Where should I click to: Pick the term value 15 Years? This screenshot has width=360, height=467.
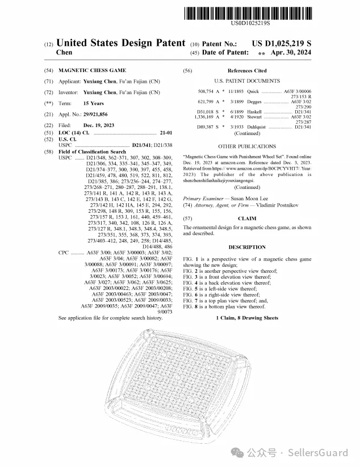[94, 103]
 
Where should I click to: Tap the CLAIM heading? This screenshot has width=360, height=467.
[247, 218]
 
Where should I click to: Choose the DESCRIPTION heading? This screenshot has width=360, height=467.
[247, 247]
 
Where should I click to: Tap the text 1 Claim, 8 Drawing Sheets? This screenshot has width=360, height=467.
[247, 318]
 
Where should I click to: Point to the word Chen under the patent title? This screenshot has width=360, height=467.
[64, 52]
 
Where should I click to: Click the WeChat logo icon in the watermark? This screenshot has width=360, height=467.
[243, 453]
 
